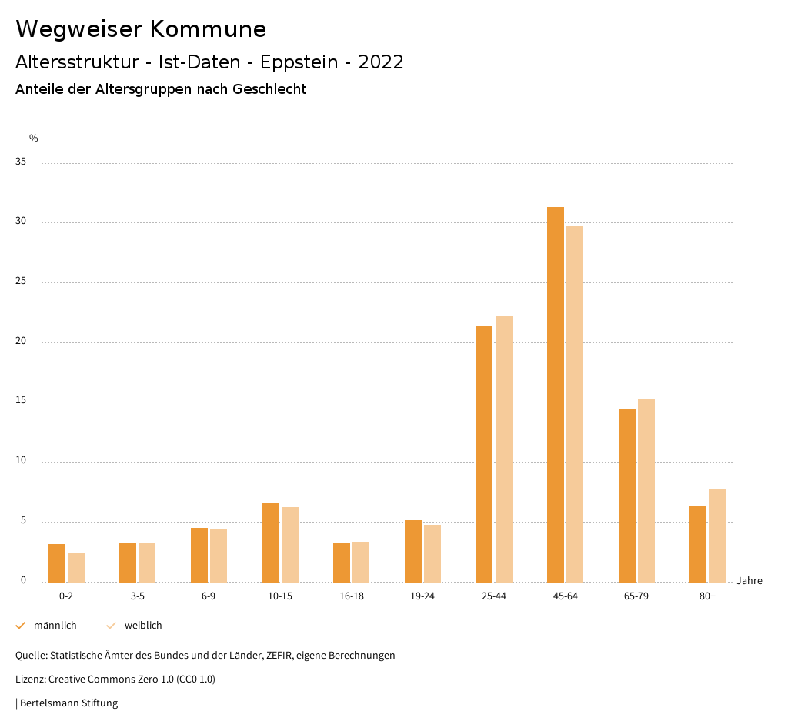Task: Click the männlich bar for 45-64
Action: [555, 394]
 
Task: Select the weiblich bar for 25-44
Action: [504, 449]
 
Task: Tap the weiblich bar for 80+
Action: [717, 536]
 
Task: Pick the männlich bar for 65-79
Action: [626, 496]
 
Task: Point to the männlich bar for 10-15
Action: [270, 543]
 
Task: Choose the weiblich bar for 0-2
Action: [76, 567]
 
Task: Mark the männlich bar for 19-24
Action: [412, 551]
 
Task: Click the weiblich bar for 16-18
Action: [361, 562]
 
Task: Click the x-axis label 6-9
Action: [209, 596]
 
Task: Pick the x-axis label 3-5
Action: [137, 596]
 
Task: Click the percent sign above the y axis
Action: [34, 139]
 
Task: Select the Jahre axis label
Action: [749, 581]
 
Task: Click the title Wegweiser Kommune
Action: [141, 29]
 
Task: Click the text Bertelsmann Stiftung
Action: [68, 703]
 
